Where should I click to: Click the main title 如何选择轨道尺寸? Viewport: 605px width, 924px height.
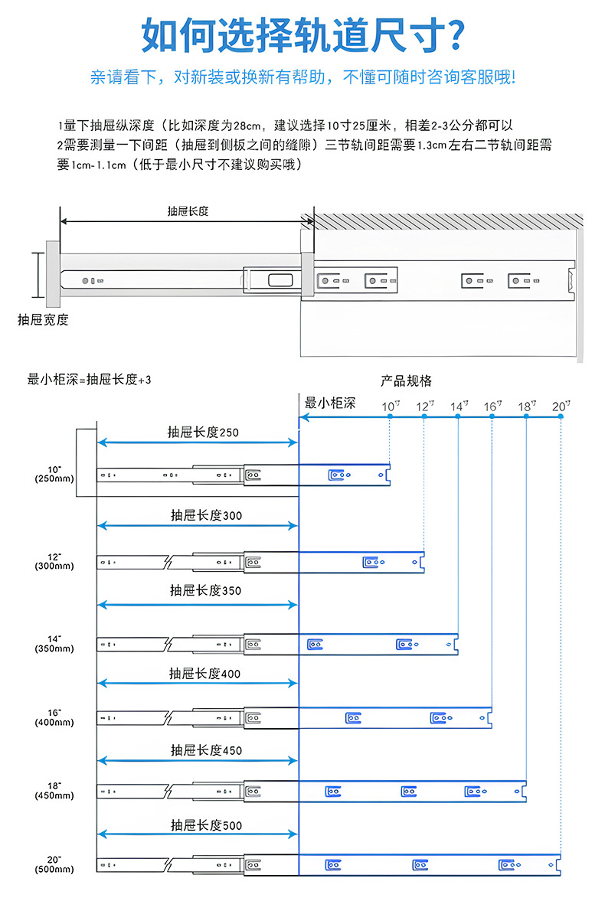point(302,35)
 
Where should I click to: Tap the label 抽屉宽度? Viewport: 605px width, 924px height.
point(43,320)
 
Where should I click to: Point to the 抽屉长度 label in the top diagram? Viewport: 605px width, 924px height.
point(188,211)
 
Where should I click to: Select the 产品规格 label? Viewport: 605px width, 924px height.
point(407,380)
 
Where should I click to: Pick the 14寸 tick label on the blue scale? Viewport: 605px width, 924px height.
point(459,406)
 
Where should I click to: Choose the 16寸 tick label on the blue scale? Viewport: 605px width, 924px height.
point(492,406)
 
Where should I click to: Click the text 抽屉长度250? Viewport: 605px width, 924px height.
point(203,432)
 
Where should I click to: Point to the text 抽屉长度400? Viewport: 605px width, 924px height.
point(204,674)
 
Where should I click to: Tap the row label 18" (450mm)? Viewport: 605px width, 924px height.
point(54,791)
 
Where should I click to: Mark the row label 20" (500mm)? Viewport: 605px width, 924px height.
point(54,864)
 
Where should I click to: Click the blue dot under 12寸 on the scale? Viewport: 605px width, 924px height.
point(423,416)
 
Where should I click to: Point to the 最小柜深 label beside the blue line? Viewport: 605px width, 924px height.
point(330,403)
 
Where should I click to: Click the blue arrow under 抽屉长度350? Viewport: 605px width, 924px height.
point(198,605)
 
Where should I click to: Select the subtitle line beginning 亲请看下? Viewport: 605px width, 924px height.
point(302,77)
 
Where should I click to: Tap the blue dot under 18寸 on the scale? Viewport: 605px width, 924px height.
point(526,416)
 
